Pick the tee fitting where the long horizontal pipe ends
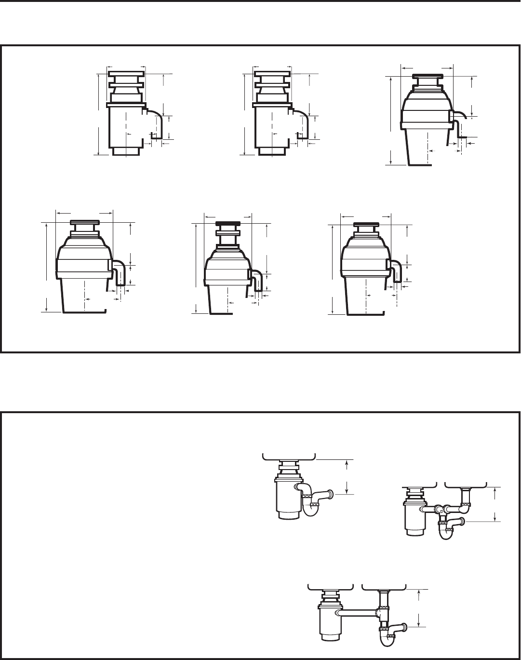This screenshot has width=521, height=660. tap(381, 613)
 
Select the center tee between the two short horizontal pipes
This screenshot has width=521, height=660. tap(440, 509)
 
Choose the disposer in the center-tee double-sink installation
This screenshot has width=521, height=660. tap(414, 518)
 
